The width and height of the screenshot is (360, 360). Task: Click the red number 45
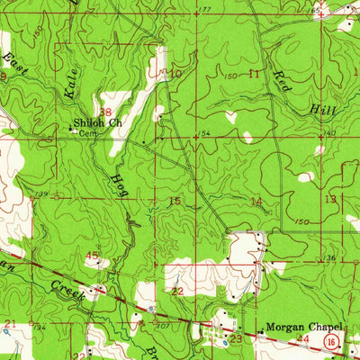tap(92, 256)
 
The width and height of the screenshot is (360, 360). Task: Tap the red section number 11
tap(255, 73)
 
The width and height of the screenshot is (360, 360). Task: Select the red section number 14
tap(257, 202)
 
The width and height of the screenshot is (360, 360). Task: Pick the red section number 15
tap(175, 201)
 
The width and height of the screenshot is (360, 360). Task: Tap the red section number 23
tap(236, 340)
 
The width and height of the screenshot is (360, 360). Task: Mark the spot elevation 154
tap(204, 132)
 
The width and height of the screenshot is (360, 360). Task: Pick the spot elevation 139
tap(41, 194)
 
